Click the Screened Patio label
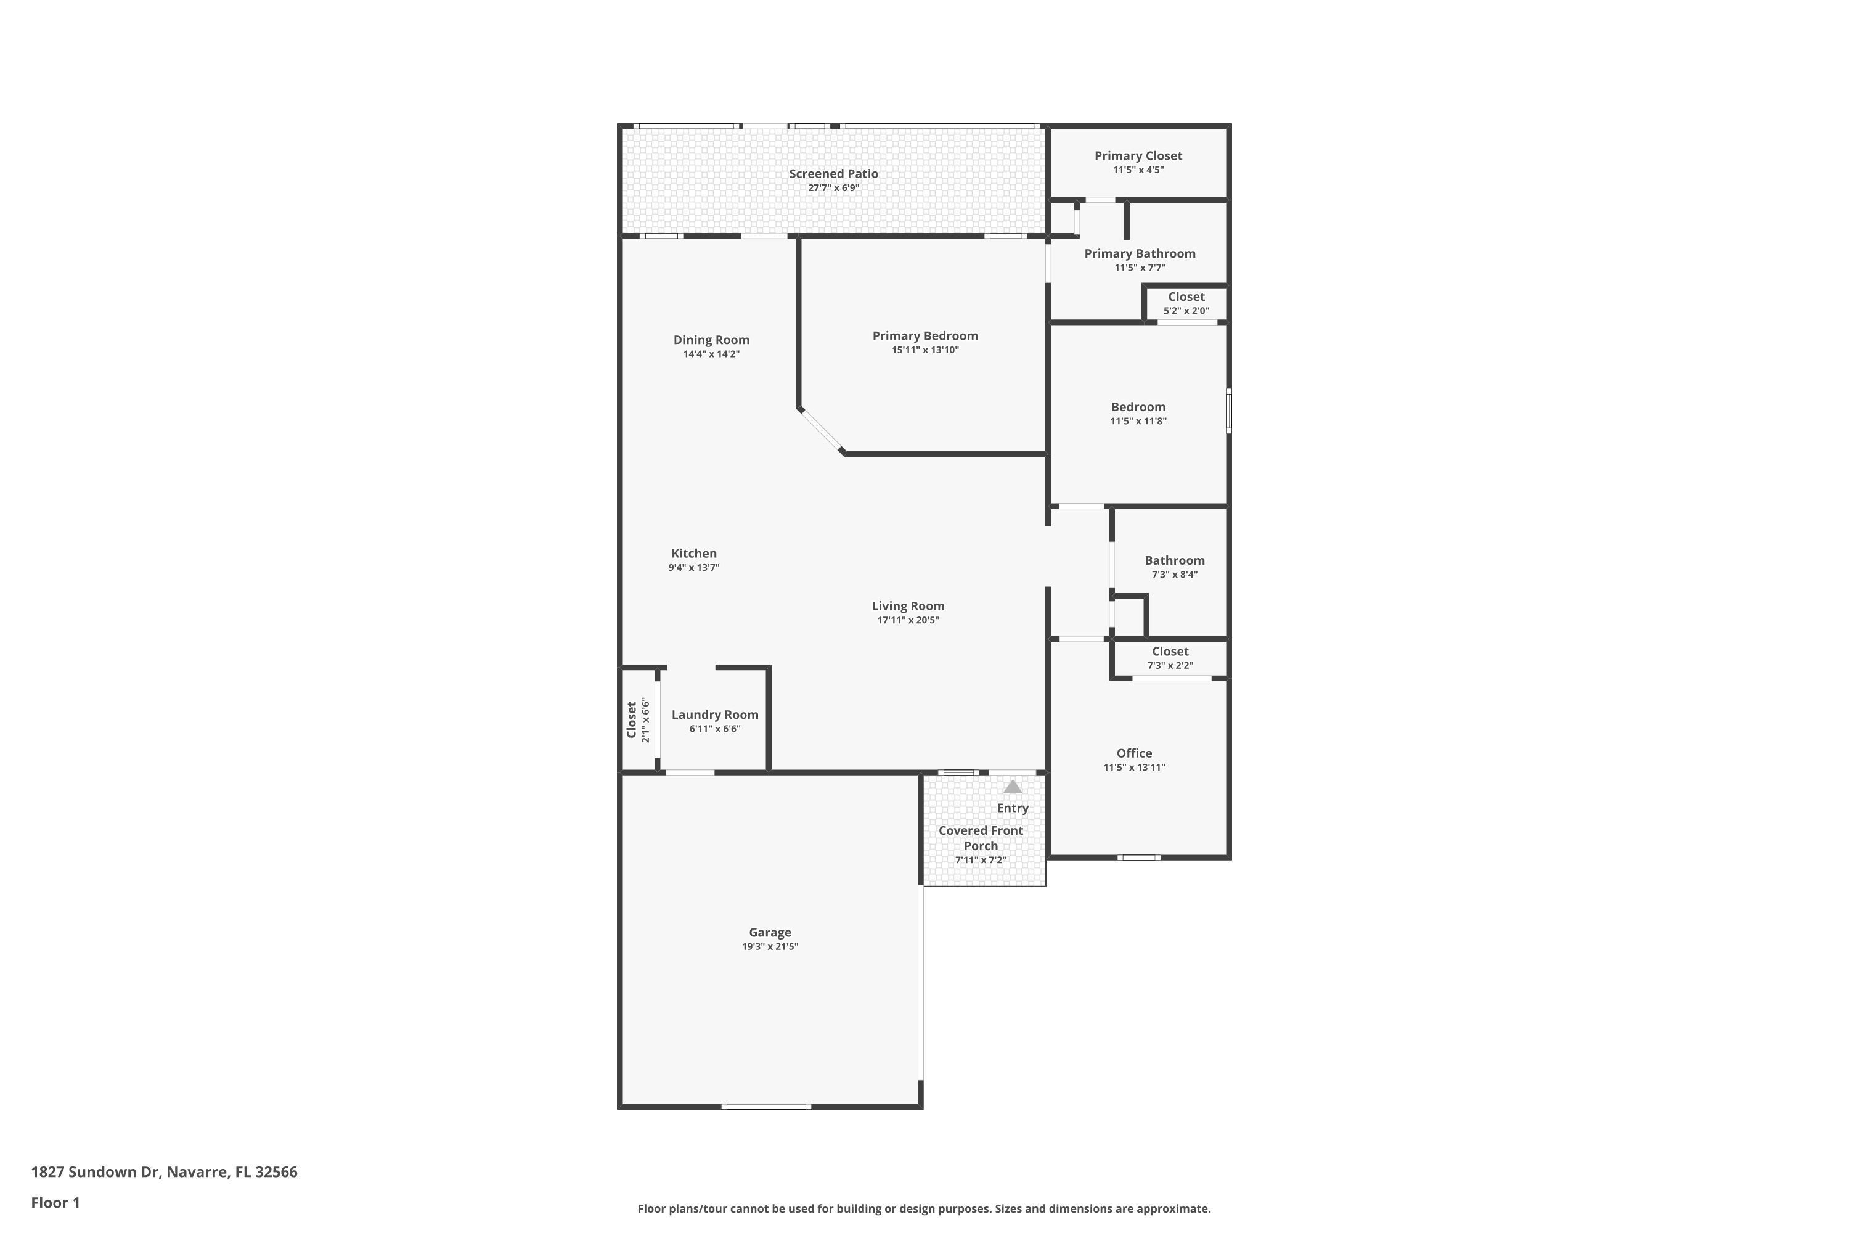833,174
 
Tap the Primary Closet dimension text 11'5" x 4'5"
1138,170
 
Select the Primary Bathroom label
1139,253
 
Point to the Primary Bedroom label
924,336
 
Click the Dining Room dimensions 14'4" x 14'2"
711,354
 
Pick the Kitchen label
693,554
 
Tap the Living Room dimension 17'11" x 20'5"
908,620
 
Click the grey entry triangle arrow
1013,787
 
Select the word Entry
1013,808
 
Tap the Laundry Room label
714,715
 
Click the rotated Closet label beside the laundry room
631,719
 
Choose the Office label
1133,753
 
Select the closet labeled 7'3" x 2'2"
1170,658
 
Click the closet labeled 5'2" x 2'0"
1185,303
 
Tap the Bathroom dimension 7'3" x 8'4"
1175,575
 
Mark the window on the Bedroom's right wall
1229,411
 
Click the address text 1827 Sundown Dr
95,1172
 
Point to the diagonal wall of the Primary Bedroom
821,431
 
